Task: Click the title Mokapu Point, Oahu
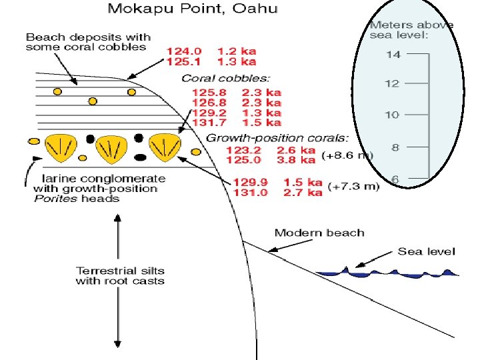tap(193, 9)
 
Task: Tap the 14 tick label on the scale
tap(393, 55)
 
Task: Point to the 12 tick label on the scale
tap(393, 84)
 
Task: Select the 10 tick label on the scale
tap(393, 115)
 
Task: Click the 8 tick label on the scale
tap(395, 147)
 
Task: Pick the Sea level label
tap(426, 251)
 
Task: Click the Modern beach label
tap(319, 233)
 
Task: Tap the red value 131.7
tap(209, 123)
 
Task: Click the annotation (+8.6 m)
tap(347, 155)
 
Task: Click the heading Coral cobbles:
tap(217, 79)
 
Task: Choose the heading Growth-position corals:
tap(277, 138)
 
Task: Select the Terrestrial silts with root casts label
tap(120, 275)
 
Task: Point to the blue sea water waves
tap(387, 272)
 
